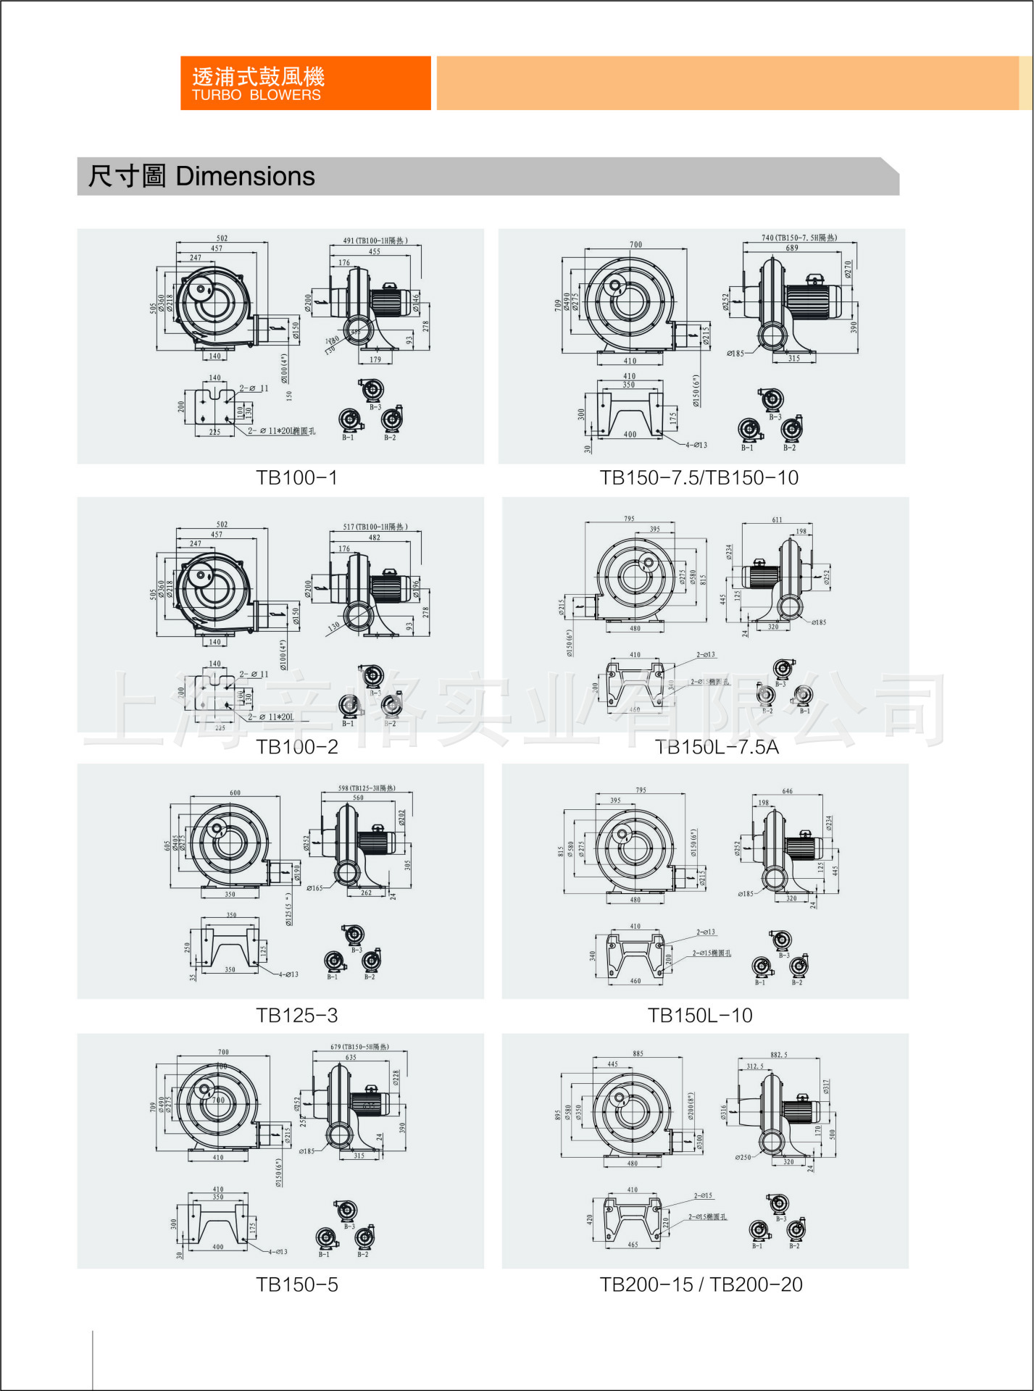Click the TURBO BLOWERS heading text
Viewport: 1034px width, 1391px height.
pyautogui.click(x=256, y=95)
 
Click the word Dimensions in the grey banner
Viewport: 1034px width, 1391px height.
pyautogui.click(x=245, y=176)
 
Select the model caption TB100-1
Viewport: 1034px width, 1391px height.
pyautogui.click(x=296, y=478)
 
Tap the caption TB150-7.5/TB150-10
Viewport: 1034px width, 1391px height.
pyautogui.click(x=699, y=478)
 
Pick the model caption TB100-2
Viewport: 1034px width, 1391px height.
pyautogui.click(x=296, y=747)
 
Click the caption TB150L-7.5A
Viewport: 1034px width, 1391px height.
pyautogui.click(x=716, y=747)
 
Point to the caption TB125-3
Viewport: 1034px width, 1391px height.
pyautogui.click(x=296, y=1016)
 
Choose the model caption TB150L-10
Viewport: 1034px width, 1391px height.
pyautogui.click(x=700, y=1016)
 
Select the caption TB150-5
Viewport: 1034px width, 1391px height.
pyautogui.click(x=296, y=1285)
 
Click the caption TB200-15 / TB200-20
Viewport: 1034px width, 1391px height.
pyautogui.click(x=701, y=1285)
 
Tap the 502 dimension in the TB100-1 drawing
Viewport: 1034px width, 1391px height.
pyautogui.click(x=222, y=238)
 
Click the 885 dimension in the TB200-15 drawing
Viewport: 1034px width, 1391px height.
pyautogui.click(x=638, y=1053)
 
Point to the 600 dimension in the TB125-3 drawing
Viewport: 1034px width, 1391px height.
pyautogui.click(x=235, y=793)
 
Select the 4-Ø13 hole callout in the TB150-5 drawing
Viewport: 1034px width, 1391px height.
pyautogui.click(x=278, y=1252)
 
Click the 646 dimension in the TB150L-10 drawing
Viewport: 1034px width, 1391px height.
pyautogui.click(x=787, y=791)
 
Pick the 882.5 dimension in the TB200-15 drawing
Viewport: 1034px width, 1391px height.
pyautogui.click(x=778, y=1055)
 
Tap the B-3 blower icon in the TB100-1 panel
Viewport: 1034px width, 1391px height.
pyautogui.click(x=373, y=391)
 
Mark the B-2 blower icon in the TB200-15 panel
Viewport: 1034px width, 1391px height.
pyautogui.click(x=796, y=1229)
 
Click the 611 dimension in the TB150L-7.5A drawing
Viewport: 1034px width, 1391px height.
pyautogui.click(x=777, y=519)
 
